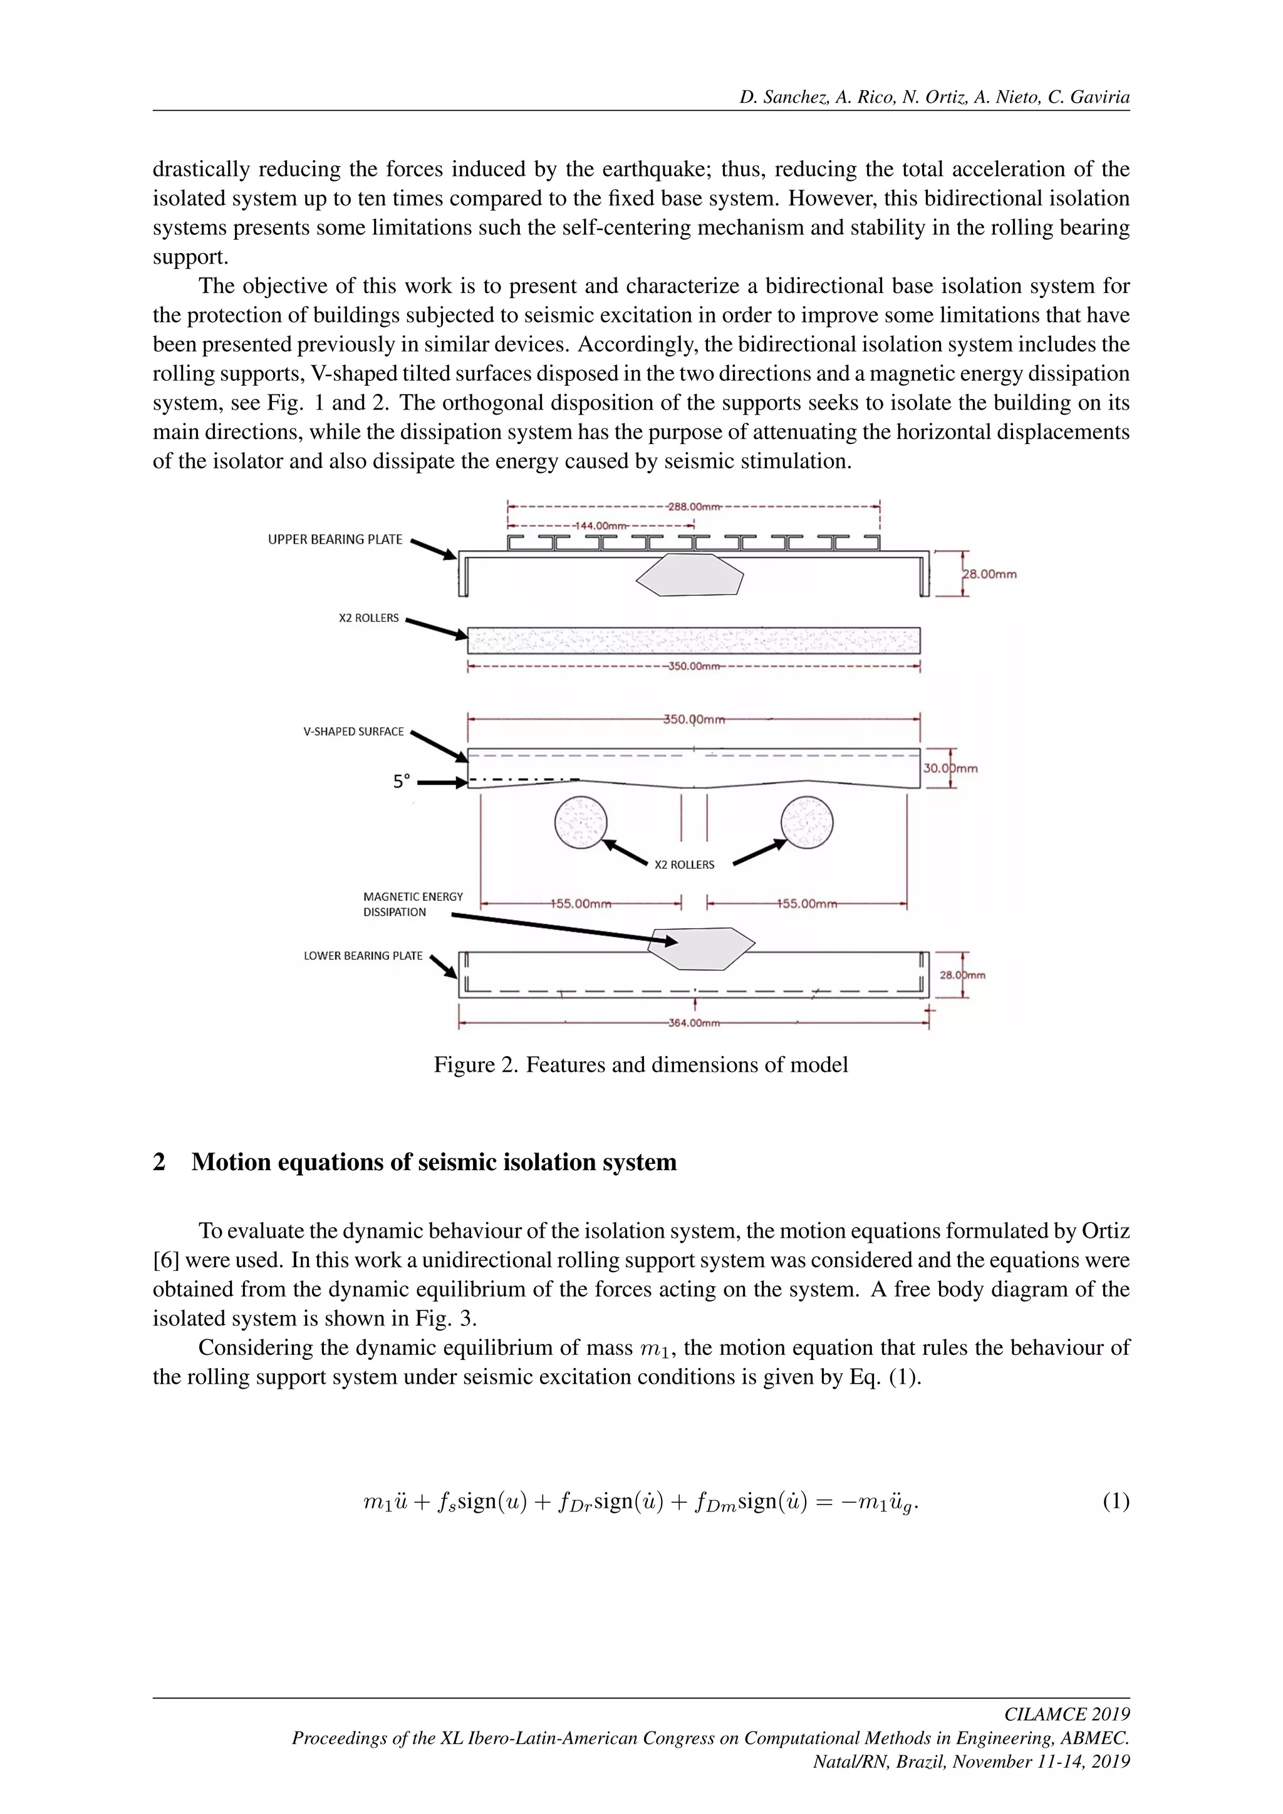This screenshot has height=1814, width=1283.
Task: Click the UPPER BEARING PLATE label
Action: tap(335, 539)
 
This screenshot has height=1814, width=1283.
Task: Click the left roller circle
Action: tap(581, 822)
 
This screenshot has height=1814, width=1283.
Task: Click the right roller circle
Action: tap(807, 822)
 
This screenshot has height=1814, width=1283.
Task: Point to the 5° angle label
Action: tap(402, 781)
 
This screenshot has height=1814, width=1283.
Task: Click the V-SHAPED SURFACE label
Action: tap(353, 732)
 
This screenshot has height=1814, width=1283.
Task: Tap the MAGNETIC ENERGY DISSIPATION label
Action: tap(412, 904)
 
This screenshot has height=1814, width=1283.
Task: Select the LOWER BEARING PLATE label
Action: tap(363, 956)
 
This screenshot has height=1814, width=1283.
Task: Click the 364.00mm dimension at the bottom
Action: tap(693, 1023)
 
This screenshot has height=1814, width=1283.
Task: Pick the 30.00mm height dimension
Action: tap(950, 768)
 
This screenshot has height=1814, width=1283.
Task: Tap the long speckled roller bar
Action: tap(693, 640)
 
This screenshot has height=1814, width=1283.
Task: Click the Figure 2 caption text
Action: tap(641, 1065)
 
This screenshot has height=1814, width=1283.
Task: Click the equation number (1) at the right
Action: tap(1116, 1502)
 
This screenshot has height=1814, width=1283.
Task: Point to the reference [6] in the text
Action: tap(165, 1260)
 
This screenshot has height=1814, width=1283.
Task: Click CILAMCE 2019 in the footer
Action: tap(1066, 1714)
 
